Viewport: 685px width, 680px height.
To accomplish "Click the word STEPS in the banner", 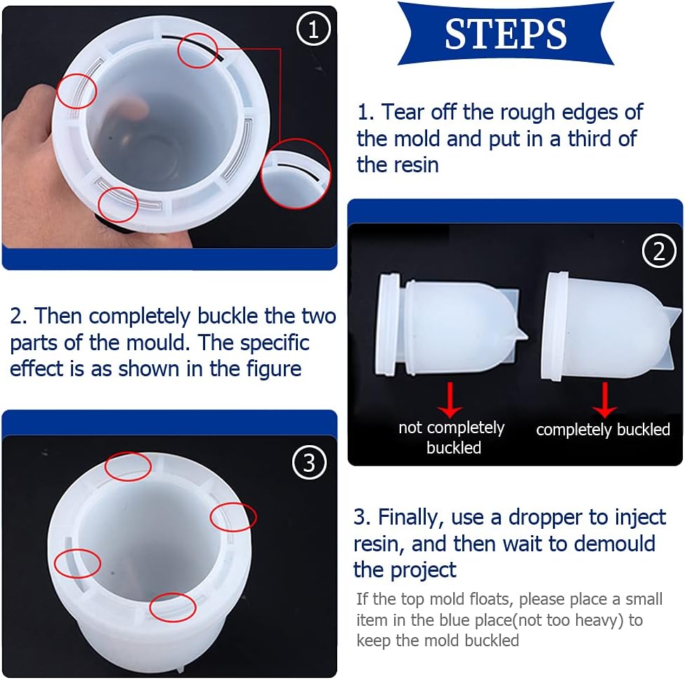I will [506, 33].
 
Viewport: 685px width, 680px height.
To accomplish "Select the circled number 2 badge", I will [658, 251].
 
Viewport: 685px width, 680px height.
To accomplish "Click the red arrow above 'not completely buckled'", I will [450, 402].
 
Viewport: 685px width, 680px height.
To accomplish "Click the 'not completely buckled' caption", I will [452, 437].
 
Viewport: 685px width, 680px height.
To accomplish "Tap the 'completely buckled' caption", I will [603, 430].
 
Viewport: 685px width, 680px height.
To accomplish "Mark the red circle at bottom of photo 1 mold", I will [118, 205].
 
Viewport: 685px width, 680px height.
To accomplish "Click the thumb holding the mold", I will [126, 109].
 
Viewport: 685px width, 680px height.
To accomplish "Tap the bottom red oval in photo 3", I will [173, 607].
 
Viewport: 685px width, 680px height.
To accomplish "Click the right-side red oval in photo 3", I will [233, 517].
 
